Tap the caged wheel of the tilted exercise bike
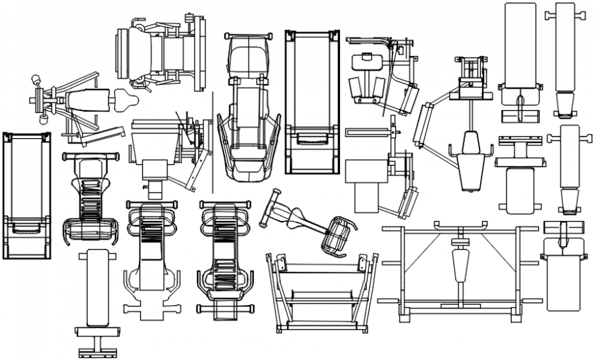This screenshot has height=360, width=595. [340, 234]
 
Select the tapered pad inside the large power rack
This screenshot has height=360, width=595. [459, 263]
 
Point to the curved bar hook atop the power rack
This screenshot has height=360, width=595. [460, 225]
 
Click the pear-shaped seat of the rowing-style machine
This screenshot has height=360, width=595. [127, 101]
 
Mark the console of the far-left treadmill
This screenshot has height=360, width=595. [26, 226]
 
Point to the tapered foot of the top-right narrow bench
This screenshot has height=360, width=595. [565, 105]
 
